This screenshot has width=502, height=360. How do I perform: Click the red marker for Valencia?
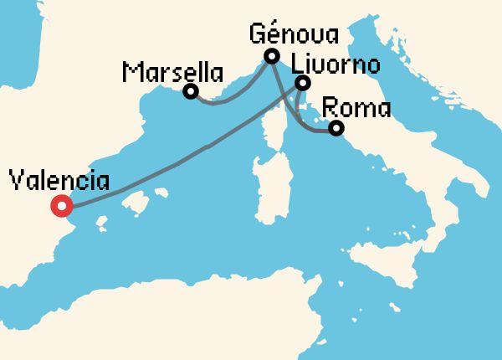[x=60, y=206]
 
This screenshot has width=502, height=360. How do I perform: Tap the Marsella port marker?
[x=191, y=91]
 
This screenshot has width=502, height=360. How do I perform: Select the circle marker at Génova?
[x=271, y=57]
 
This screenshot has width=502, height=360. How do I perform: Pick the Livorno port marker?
[x=303, y=83]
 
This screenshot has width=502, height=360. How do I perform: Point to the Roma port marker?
[x=336, y=128]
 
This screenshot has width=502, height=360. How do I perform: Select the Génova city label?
[x=295, y=35]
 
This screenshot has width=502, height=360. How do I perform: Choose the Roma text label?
[x=356, y=108]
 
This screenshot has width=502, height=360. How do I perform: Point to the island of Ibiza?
[x=103, y=224]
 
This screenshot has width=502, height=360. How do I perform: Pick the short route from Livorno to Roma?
[x=300, y=105]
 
